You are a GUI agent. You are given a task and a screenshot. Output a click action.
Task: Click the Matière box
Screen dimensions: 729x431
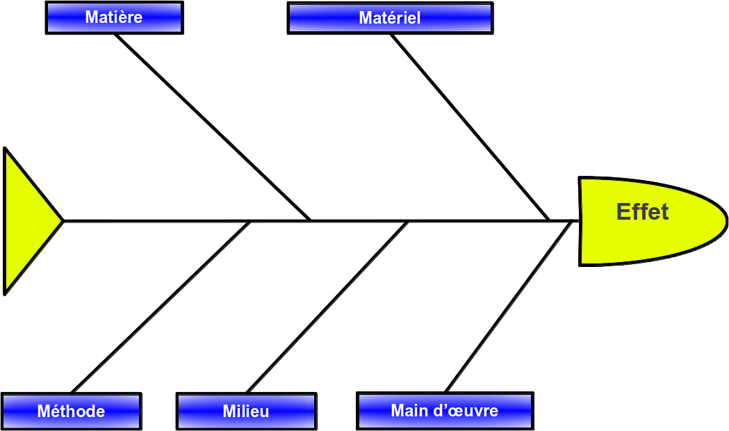tap(115, 17)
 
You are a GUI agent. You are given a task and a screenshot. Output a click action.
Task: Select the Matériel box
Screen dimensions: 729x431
tap(390, 18)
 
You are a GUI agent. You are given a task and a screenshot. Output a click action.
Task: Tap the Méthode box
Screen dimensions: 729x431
tap(71, 411)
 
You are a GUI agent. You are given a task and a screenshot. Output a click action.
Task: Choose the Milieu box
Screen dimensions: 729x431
tap(247, 411)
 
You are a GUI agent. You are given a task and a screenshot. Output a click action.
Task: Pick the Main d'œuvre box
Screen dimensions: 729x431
tap(445, 411)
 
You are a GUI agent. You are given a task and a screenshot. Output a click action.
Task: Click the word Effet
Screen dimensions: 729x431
tap(643, 211)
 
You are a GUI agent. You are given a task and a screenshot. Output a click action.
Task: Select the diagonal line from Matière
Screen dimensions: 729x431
tap(213, 127)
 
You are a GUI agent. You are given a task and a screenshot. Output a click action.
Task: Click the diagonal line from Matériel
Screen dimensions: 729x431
tap(470, 127)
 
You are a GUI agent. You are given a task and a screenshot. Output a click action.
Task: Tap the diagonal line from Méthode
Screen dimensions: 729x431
tap(161, 307)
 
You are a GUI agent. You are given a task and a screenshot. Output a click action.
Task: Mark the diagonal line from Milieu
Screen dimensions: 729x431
tap(327, 307)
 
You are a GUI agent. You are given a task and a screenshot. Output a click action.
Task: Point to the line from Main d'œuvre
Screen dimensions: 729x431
tap(509, 307)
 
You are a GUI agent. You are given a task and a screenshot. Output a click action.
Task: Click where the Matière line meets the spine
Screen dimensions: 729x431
tap(311, 220)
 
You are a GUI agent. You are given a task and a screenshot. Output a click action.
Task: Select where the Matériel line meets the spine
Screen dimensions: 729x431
tap(550, 220)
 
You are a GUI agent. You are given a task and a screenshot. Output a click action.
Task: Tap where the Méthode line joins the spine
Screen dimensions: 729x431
tap(251, 221)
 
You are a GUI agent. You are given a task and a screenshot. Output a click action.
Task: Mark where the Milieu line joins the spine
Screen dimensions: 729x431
tap(409, 221)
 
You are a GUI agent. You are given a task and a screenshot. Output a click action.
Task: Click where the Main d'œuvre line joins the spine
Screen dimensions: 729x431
tap(573, 221)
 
